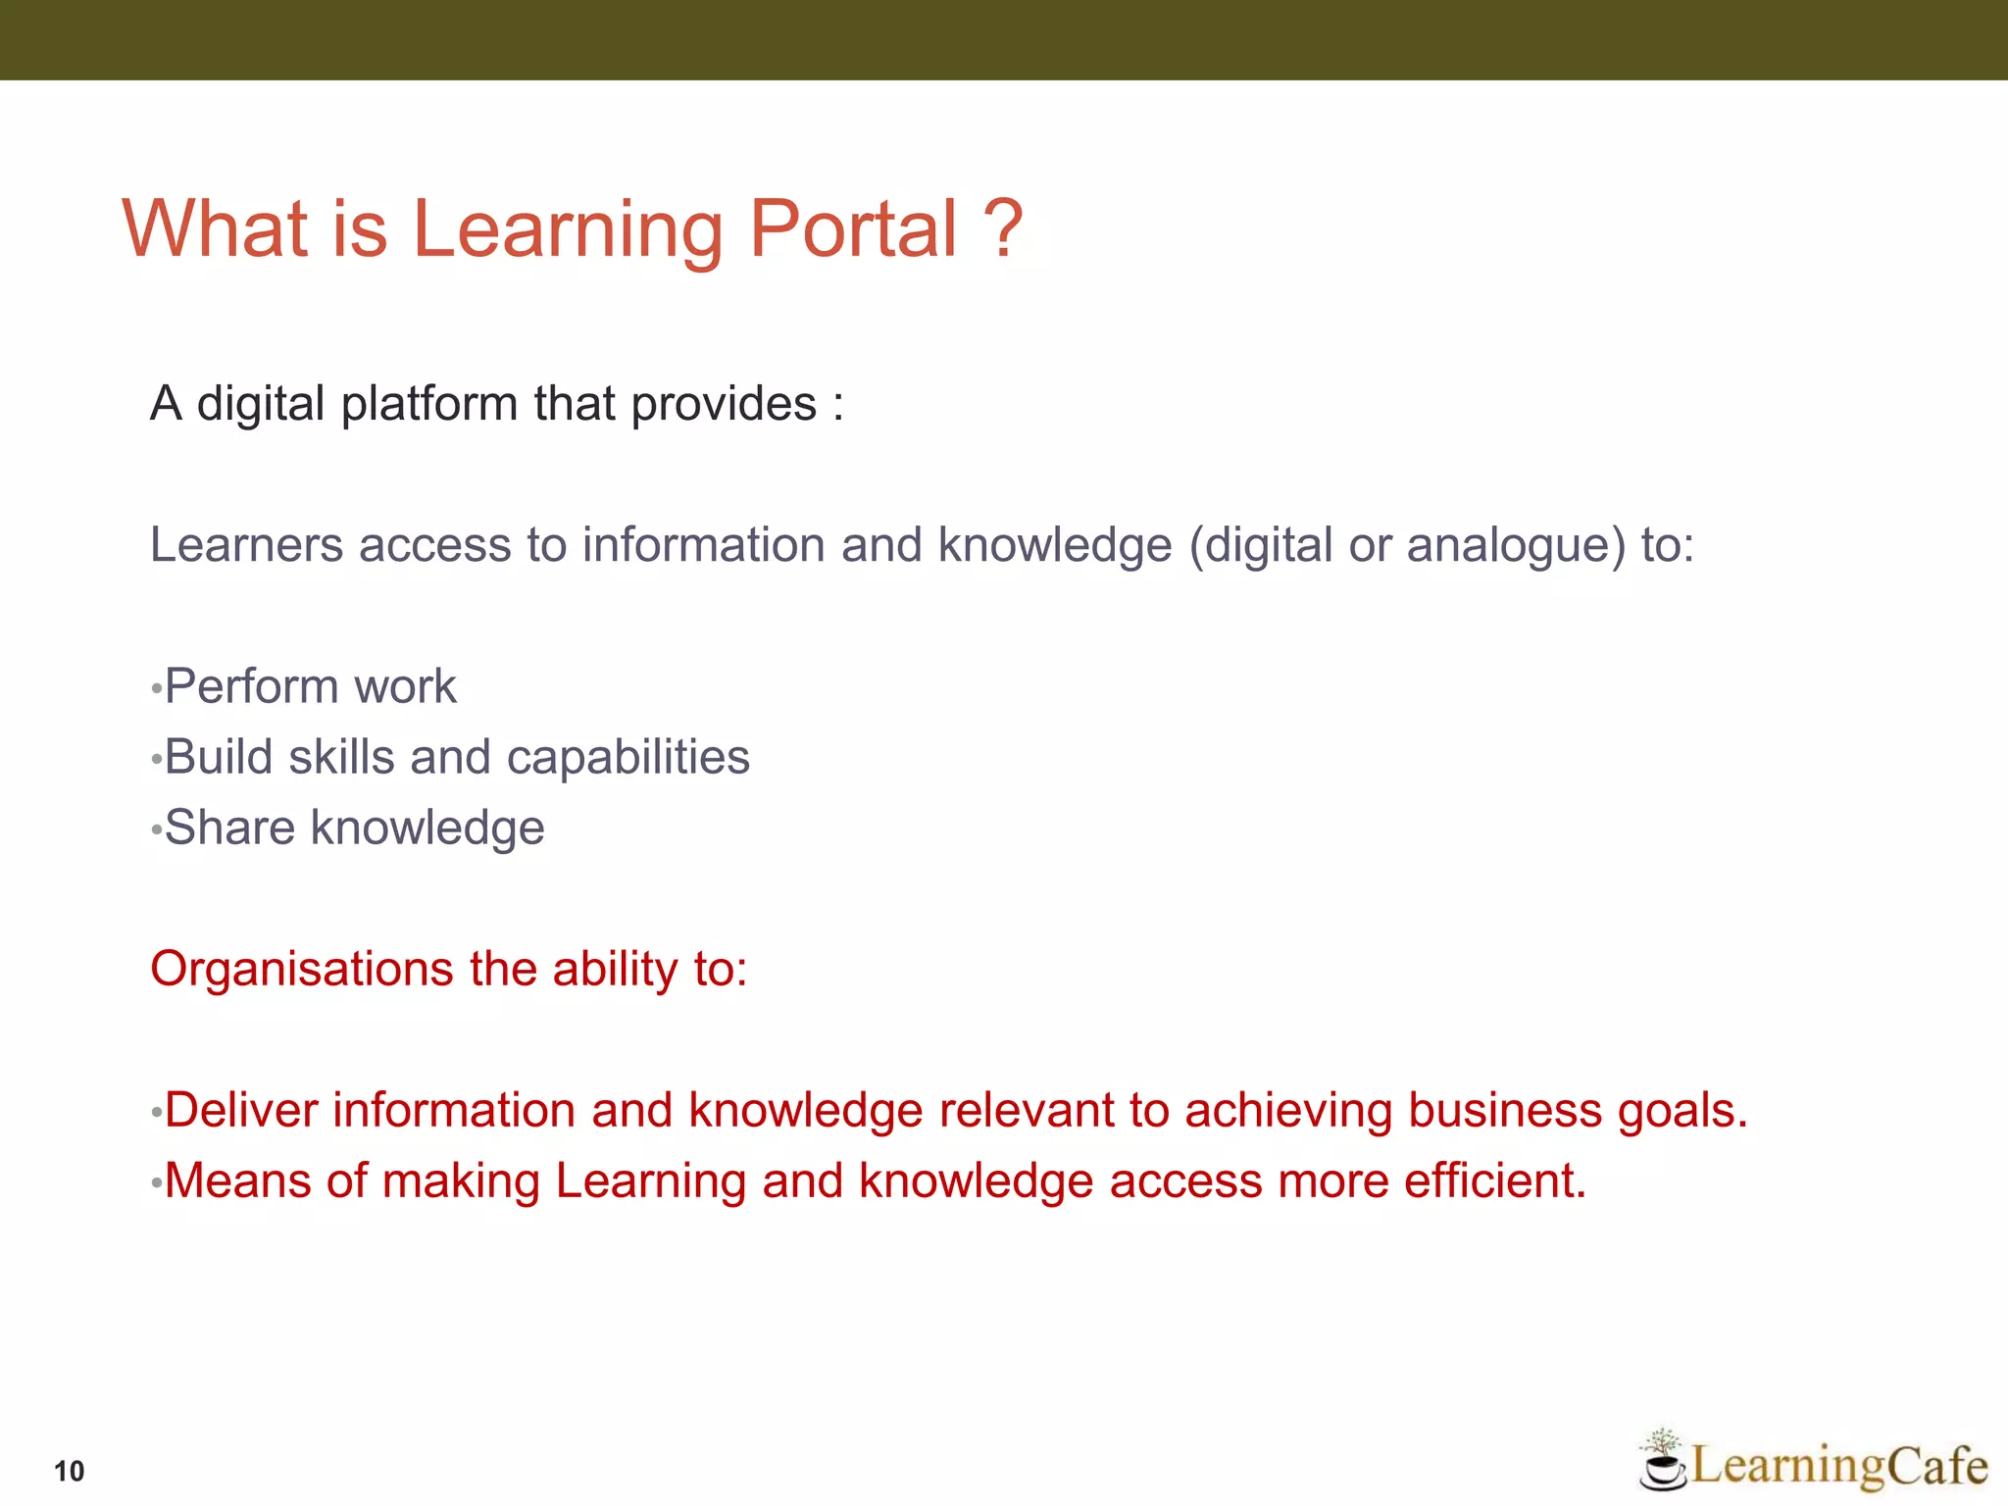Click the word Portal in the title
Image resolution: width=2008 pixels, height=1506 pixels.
(x=853, y=228)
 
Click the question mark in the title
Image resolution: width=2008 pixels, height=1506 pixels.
(x=1002, y=228)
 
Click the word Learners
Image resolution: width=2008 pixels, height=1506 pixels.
(x=246, y=545)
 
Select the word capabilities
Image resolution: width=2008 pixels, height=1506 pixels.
(x=627, y=757)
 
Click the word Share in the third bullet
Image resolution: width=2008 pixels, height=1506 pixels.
(x=229, y=828)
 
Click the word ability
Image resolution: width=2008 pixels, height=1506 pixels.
(x=615, y=970)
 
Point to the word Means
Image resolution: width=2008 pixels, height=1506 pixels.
(x=237, y=1181)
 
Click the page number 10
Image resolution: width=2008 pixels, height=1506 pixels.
(x=70, y=1471)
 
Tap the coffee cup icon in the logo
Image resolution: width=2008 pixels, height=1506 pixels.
(x=1661, y=1467)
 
